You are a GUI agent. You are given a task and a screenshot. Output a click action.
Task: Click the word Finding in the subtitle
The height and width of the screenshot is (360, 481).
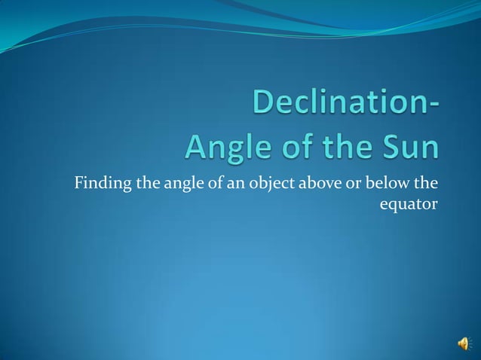coord(98,182)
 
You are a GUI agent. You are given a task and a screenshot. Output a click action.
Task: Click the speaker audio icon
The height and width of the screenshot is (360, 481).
coord(462,343)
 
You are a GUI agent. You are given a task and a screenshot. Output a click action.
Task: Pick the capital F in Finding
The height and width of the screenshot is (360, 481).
coord(77,182)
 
